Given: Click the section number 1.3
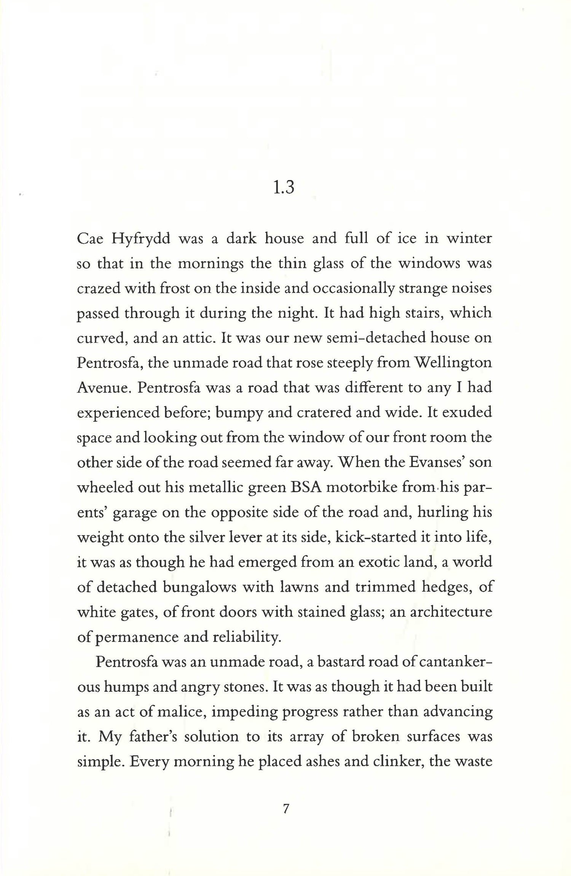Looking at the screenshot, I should [284, 188].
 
